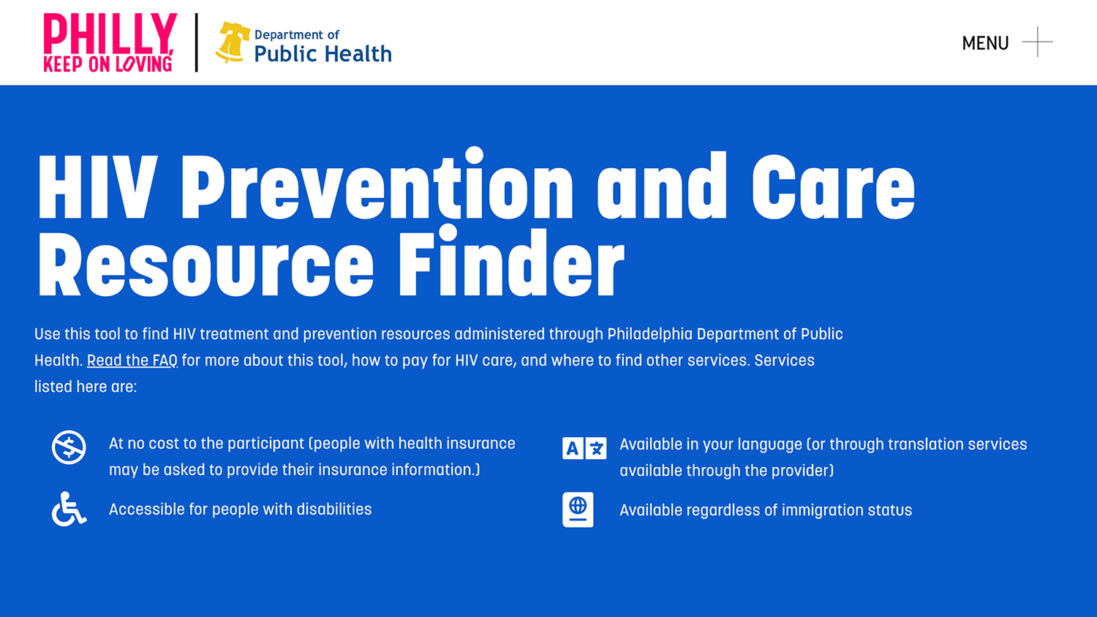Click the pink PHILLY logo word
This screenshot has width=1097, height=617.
(110, 33)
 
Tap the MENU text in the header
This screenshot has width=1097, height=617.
(985, 43)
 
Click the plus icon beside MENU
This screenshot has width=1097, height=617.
(1037, 42)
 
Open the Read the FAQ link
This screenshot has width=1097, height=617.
(132, 360)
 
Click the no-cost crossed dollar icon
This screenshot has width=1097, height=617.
(69, 447)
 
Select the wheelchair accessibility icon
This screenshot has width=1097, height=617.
(69, 509)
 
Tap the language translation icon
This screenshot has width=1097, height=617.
(584, 448)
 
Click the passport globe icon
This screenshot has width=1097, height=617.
(578, 510)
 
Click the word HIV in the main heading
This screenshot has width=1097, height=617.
(97, 188)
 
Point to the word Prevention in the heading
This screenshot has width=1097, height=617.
(377, 188)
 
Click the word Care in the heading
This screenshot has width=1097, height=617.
(833, 188)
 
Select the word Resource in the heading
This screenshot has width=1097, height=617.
(206, 265)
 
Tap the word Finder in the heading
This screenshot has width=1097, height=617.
(510, 265)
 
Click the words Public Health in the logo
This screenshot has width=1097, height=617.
(323, 54)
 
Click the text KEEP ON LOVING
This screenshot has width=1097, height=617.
(108, 64)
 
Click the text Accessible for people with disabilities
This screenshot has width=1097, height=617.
(240, 510)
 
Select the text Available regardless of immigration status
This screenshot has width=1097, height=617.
(766, 510)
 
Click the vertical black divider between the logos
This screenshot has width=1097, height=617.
(196, 42)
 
